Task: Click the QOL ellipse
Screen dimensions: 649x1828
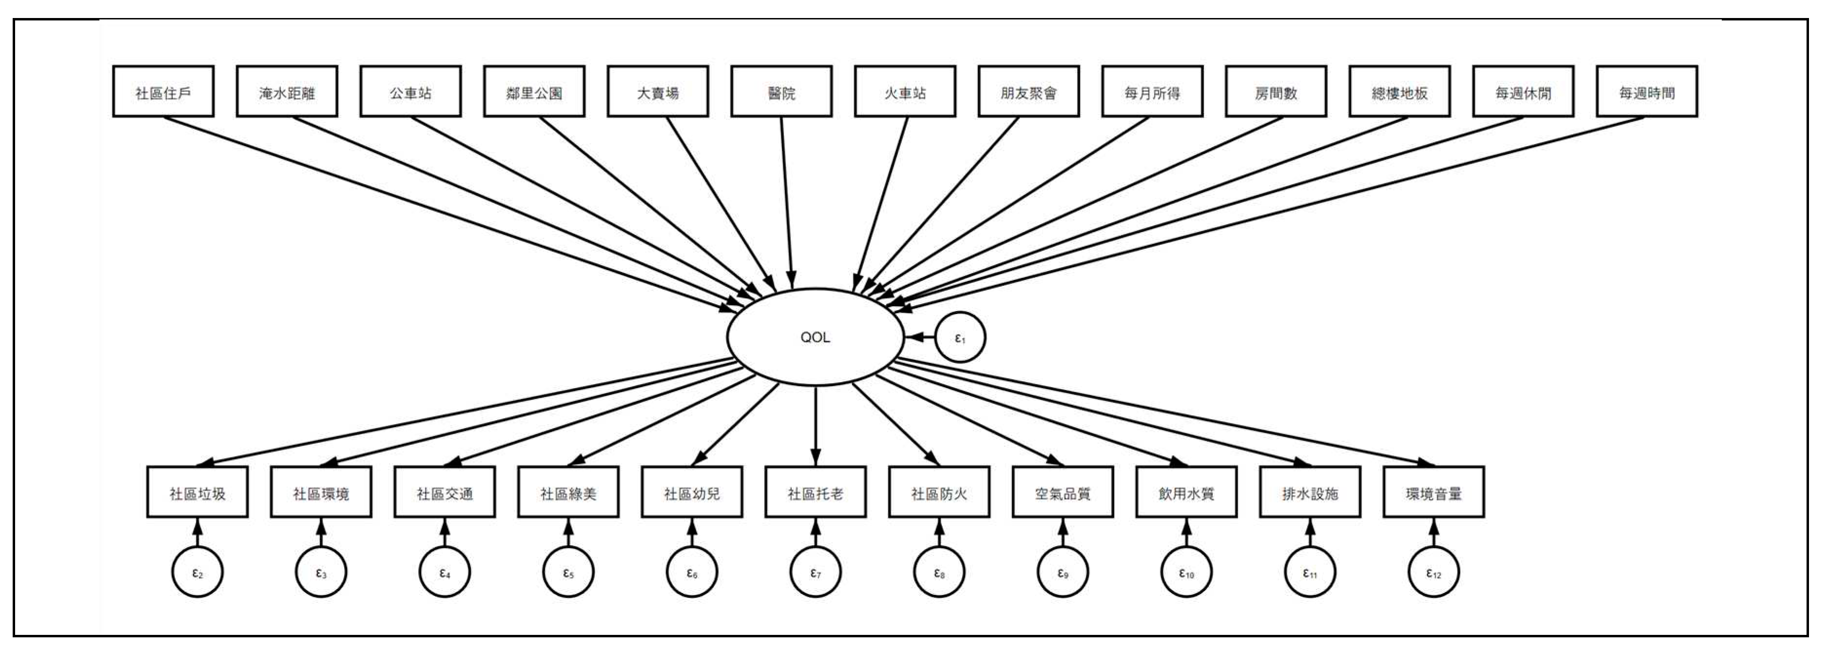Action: [x=815, y=337]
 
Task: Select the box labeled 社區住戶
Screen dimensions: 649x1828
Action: [x=163, y=92]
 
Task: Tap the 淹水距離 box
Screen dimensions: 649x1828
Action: [x=287, y=92]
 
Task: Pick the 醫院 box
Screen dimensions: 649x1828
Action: [x=781, y=92]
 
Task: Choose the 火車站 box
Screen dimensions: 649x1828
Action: [x=905, y=92]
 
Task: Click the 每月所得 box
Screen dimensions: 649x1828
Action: [x=1152, y=92]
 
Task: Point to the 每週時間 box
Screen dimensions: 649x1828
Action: [x=1646, y=92]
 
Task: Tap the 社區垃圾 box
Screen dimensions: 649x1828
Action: [x=197, y=492]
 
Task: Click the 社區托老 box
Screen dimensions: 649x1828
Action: [x=815, y=492]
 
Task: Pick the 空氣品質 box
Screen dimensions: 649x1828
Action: [x=1062, y=492]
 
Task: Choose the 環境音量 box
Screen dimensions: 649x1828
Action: [x=1433, y=492]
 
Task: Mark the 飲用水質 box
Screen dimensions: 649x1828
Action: [x=1186, y=492]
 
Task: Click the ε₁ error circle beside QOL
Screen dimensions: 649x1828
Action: [x=960, y=337]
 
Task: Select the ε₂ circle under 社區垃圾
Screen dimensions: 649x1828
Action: [x=197, y=573]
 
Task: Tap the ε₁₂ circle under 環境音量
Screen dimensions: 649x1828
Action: [x=1433, y=573]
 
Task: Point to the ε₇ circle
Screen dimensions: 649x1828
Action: [x=815, y=573]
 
